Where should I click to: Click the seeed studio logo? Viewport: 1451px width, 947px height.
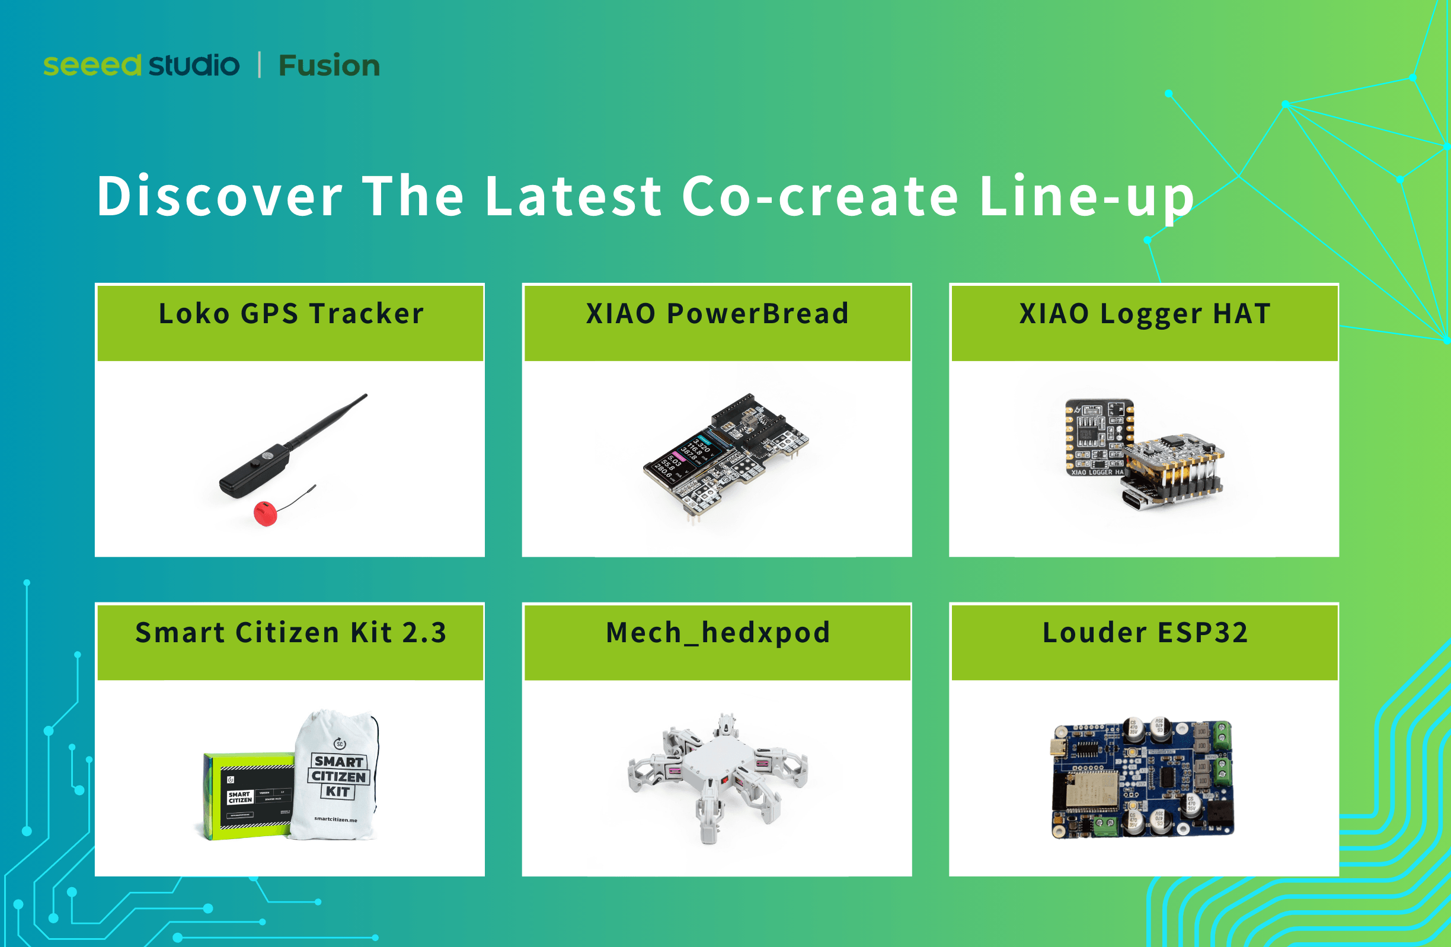tap(141, 65)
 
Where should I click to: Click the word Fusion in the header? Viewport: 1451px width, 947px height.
tap(328, 66)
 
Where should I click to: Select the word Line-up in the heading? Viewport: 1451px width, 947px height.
tap(1086, 196)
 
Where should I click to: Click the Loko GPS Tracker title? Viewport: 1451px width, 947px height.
tap(291, 314)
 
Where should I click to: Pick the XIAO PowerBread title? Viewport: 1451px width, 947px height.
tap(717, 314)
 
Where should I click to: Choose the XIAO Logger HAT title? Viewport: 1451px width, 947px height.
tap(1145, 314)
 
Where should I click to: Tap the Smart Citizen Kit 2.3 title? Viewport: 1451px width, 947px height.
tap(291, 633)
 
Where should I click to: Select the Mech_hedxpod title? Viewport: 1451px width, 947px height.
tap(718, 633)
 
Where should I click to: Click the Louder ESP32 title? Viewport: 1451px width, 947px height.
tap(1145, 633)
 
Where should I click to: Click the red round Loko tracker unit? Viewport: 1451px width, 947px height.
tap(265, 514)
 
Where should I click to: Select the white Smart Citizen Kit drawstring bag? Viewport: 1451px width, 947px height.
tap(337, 777)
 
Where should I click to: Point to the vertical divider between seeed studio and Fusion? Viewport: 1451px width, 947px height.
tap(260, 65)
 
